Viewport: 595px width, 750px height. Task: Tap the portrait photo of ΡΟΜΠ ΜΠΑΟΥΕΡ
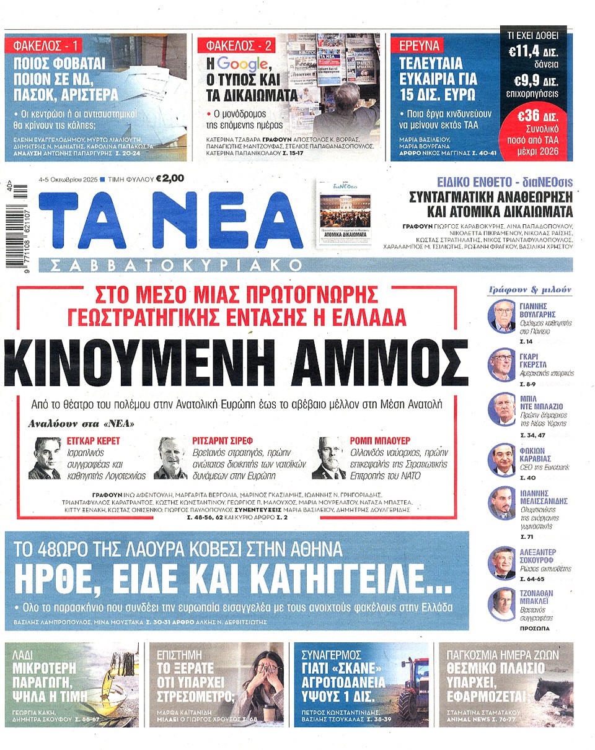(x=328, y=458)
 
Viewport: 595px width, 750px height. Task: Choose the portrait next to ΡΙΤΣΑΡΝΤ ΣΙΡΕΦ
(x=170, y=458)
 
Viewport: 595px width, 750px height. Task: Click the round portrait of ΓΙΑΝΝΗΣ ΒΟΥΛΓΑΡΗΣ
(x=501, y=316)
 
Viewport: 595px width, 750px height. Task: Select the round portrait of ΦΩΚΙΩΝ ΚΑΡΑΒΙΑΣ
(x=501, y=459)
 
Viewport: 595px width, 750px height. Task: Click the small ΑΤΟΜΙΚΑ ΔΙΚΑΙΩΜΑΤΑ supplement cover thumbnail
(x=345, y=214)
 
